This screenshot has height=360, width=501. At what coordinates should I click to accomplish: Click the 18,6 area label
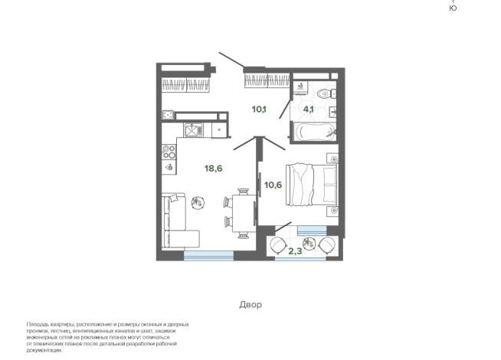click(x=214, y=169)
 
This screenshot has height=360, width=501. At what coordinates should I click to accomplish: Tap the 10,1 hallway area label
click(x=259, y=110)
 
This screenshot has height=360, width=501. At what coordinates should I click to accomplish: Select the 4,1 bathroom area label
click(x=308, y=110)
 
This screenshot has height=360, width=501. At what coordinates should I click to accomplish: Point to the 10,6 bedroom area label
click(x=273, y=185)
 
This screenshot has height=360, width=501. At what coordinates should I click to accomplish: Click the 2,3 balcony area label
click(x=295, y=251)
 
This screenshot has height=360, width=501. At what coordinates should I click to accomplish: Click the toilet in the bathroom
click(x=326, y=93)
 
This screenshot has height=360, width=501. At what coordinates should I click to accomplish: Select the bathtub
click(x=315, y=132)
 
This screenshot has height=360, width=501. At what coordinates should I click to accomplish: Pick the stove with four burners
click(x=169, y=152)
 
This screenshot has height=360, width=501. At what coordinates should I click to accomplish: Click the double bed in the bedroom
click(x=312, y=185)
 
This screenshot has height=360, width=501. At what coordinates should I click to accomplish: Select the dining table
click(x=244, y=213)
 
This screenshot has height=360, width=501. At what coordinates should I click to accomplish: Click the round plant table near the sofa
click(x=198, y=202)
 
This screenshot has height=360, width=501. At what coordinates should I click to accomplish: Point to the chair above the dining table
click(x=244, y=191)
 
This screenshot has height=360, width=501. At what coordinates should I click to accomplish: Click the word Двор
click(x=250, y=304)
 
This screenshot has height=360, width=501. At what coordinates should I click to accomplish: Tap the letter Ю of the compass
click(x=453, y=8)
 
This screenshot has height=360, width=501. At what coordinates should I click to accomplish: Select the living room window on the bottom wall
click(x=208, y=255)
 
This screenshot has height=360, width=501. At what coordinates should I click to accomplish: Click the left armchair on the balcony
click(x=278, y=245)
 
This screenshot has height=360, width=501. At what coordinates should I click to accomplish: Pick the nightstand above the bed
click(x=332, y=159)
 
